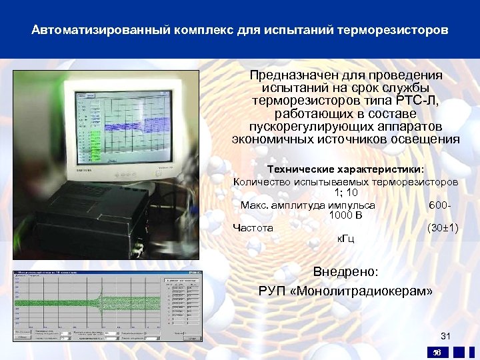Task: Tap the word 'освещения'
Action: click(427, 139)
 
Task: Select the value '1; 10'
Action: click(345, 193)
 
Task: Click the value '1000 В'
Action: click(345, 216)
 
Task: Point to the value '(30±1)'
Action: click(442, 227)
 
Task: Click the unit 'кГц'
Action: click(345, 239)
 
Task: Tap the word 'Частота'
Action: click(253, 227)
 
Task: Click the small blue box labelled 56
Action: click(437, 351)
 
